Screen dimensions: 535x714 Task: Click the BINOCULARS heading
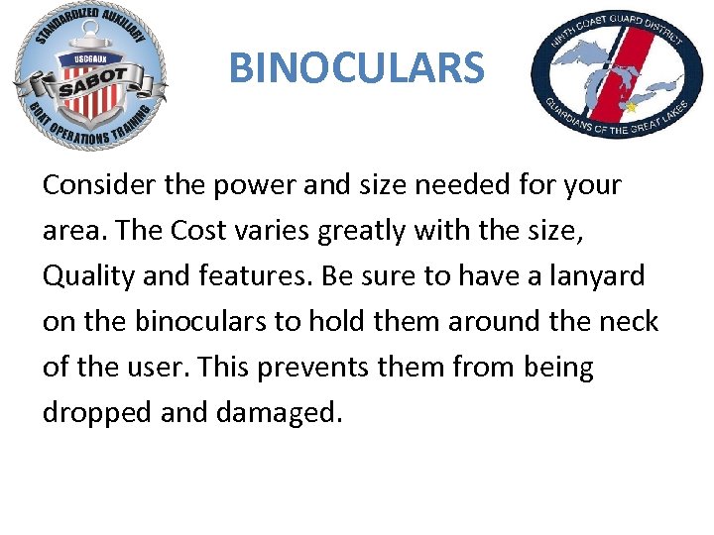[356, 68]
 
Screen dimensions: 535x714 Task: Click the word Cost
[199, 231]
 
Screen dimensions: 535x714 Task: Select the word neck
[630, 322]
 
